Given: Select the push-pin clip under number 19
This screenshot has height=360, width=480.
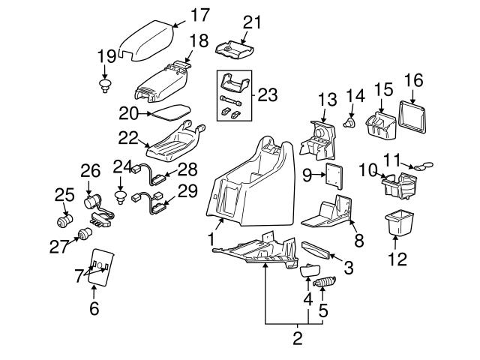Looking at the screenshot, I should [x=105, y=85].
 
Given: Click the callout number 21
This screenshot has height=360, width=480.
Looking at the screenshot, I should [x=252, y=22].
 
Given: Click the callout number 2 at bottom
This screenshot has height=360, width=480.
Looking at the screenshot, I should [x=297, y=337].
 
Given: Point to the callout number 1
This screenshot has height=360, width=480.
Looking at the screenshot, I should [x=211, y=239].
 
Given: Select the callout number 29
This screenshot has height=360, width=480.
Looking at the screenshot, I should [x=187, y=190].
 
